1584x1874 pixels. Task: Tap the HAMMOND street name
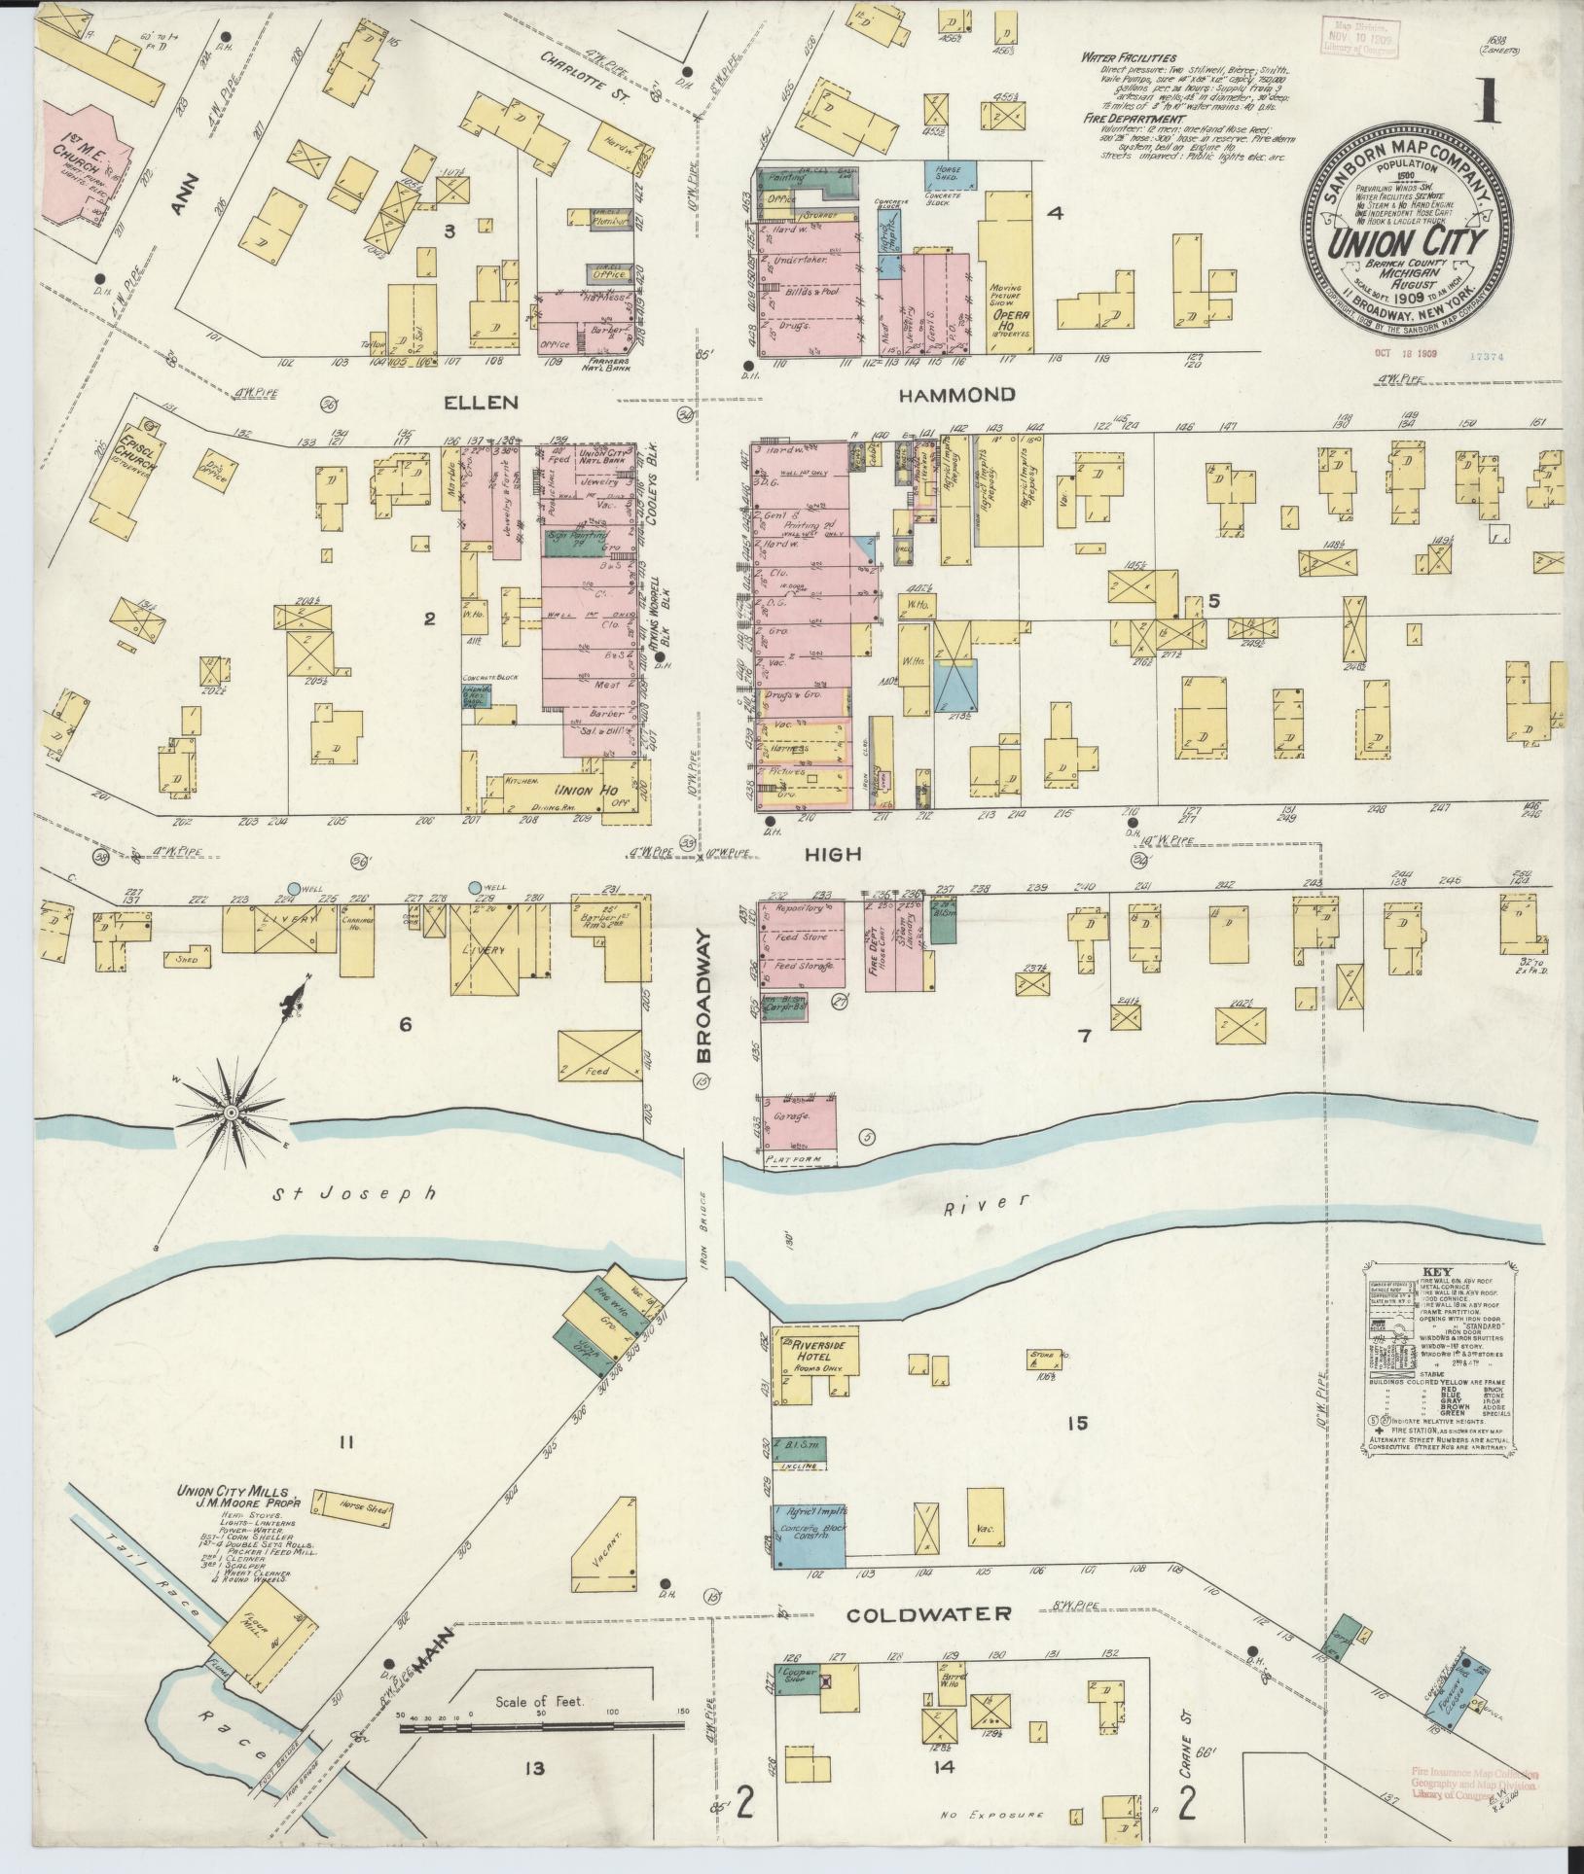click(x=956, y=395)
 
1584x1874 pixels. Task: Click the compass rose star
click(x=232, y=1112)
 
